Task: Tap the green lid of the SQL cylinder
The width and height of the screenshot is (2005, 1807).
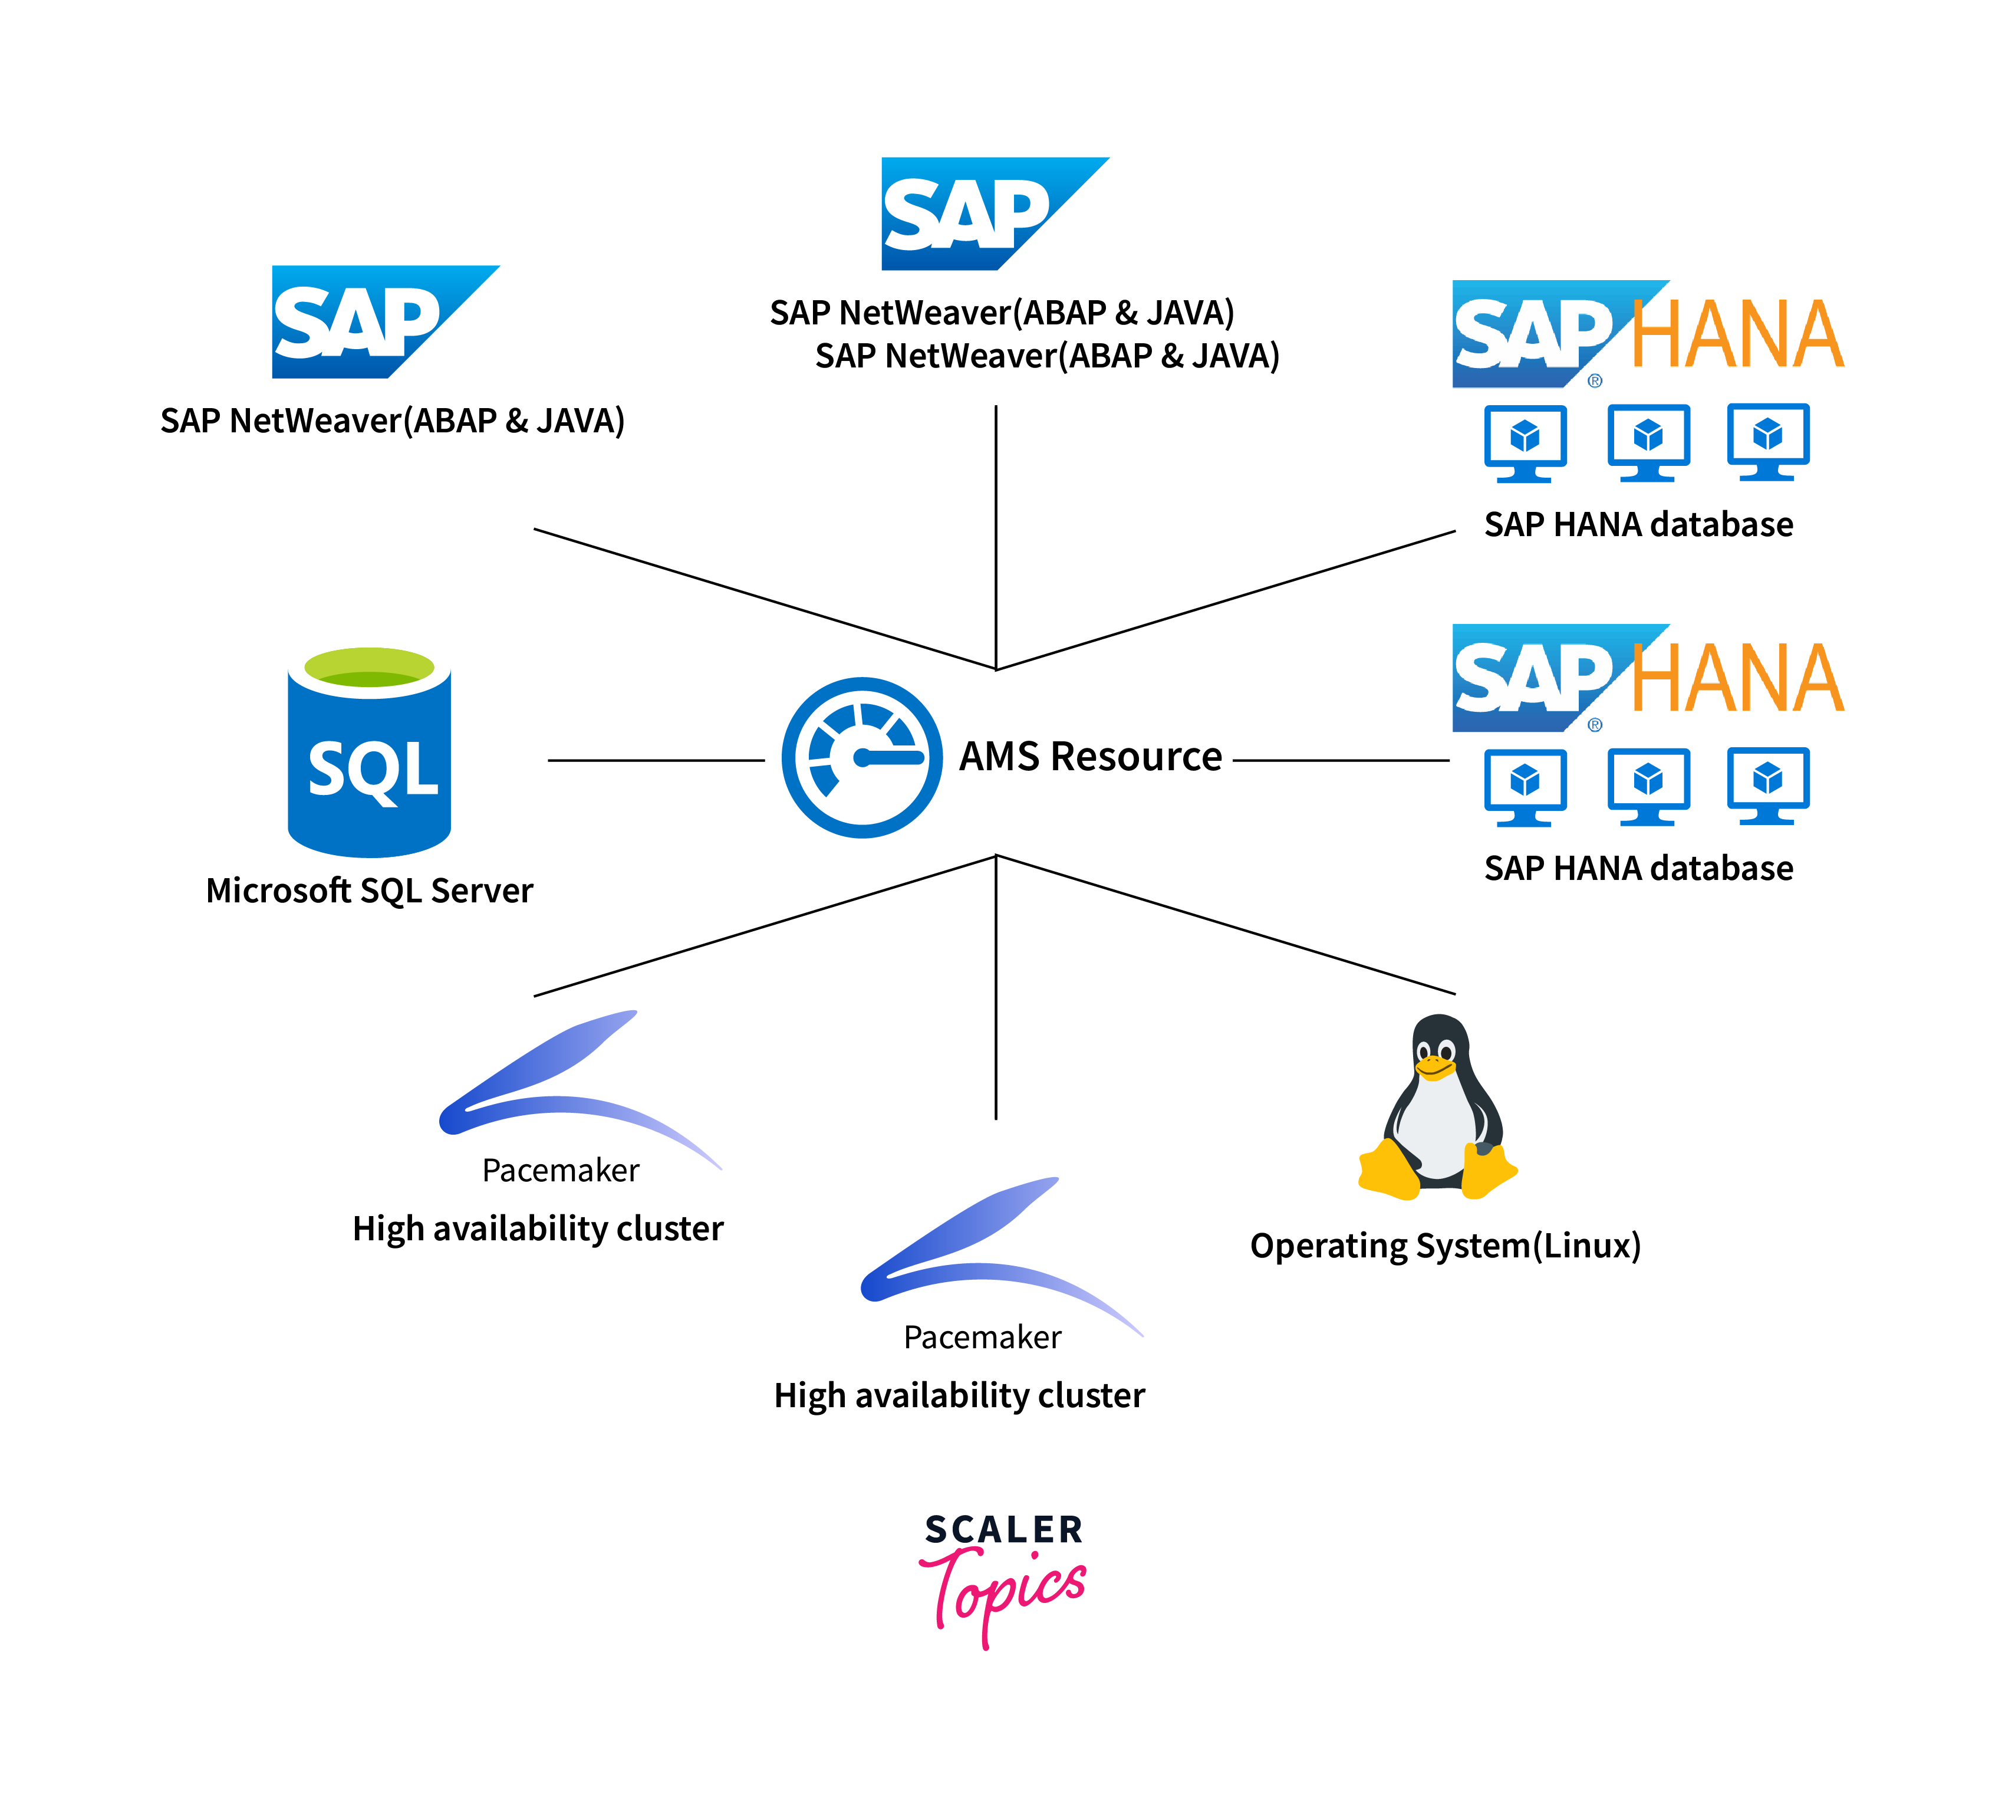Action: [369, 666]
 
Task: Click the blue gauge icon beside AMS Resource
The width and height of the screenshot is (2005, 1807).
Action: [861, 758]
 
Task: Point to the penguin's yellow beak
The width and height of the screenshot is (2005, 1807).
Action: [1433, 1068]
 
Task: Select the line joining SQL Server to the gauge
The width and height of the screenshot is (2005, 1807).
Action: [655, 761]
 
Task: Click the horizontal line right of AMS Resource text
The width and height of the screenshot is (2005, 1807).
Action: [1340, 761]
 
